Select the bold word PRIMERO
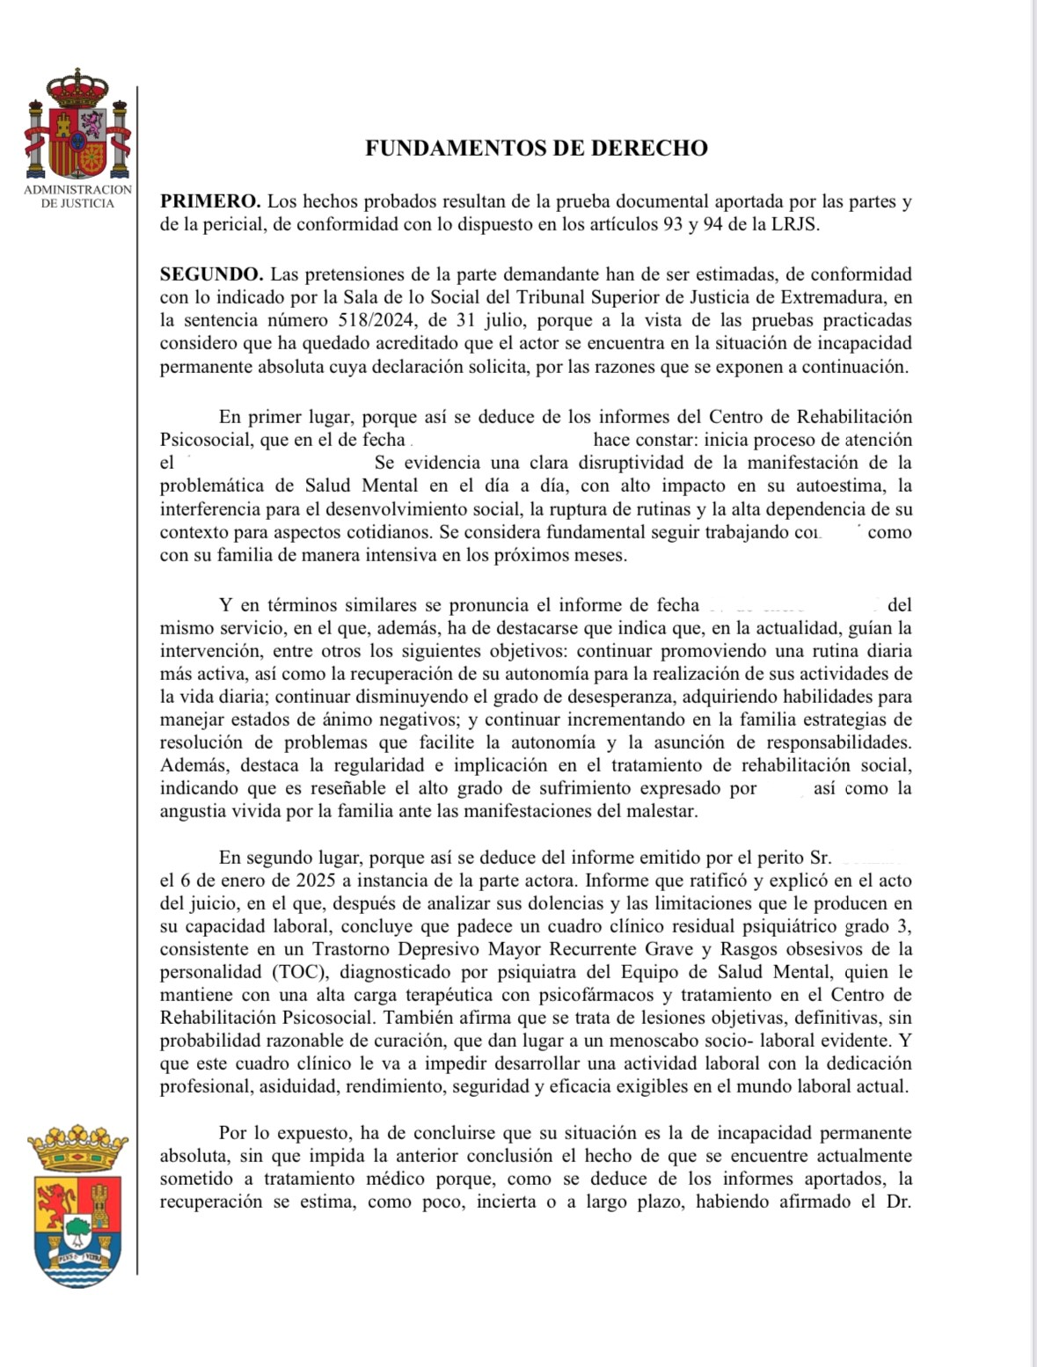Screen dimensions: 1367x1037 [x=209, y=201]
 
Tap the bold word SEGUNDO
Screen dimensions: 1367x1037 [x=211, y=275]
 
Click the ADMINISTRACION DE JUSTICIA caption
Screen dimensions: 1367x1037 [x=77, y=196]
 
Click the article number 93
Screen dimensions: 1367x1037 [x=673, y=224]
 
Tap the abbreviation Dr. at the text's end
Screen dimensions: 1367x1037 [x=899, y=1202]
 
